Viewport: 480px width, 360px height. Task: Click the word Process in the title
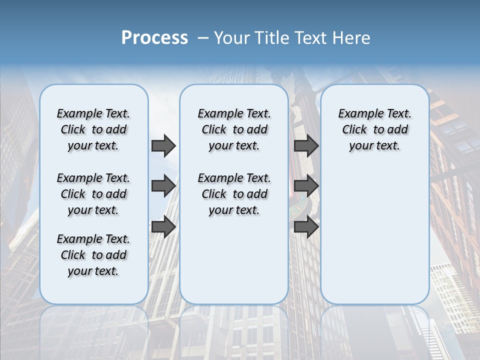pos(154,38)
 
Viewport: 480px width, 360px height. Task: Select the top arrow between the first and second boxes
pos(163,145)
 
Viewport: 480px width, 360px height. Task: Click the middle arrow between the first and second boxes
pos(163,186)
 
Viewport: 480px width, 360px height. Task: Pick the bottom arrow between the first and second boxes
pos(163,227)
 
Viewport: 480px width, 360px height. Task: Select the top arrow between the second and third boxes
pos(306,145)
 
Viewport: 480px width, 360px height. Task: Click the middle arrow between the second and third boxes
pos(306,186)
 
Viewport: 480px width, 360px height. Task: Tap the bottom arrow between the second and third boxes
pos(306,227)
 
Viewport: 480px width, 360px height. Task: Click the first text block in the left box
pos(93,129)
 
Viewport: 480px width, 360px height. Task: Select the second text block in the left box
pos(93,194)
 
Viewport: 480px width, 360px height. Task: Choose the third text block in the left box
pos(93,255)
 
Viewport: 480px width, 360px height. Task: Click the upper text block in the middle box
pos(234,129)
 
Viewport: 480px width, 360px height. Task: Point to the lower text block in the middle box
pos(234,194)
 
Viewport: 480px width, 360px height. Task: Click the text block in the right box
pos(375,129)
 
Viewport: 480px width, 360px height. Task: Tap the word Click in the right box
pos(354,130)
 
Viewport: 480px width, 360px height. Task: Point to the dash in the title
pos(203,38)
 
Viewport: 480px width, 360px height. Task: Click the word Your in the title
pos(231,38)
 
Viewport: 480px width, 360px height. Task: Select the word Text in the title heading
pos(310,38)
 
